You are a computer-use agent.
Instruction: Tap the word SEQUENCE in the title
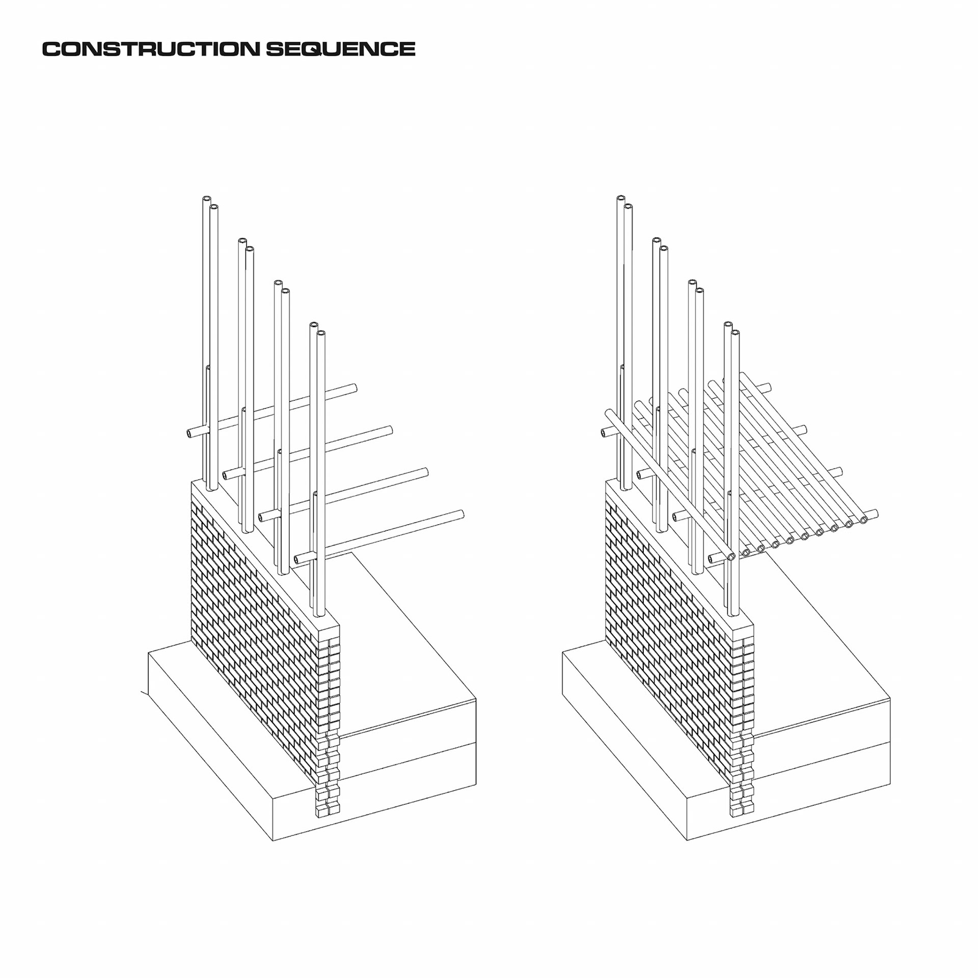[340, 49]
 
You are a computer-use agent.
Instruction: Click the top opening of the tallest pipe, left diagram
[206, 199]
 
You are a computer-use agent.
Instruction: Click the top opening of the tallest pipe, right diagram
[620, 199]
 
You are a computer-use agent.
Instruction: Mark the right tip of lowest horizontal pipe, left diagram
[460, 514]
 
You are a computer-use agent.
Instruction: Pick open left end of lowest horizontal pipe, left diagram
[298, 559]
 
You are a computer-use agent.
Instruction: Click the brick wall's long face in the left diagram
[250, 611]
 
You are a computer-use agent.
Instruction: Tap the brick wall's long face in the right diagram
[665, 611]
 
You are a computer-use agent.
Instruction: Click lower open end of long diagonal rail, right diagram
[731, 557]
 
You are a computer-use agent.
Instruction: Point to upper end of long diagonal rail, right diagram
[608, 414]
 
